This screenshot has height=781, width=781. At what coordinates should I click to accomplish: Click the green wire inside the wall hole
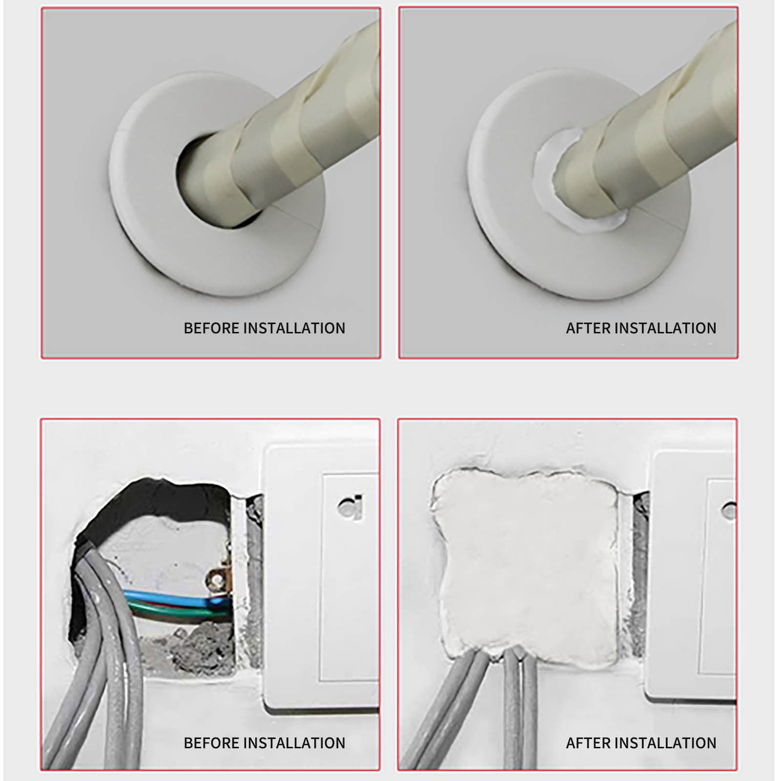[166, 609]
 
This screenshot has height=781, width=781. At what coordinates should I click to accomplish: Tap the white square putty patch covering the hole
[525, 561]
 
